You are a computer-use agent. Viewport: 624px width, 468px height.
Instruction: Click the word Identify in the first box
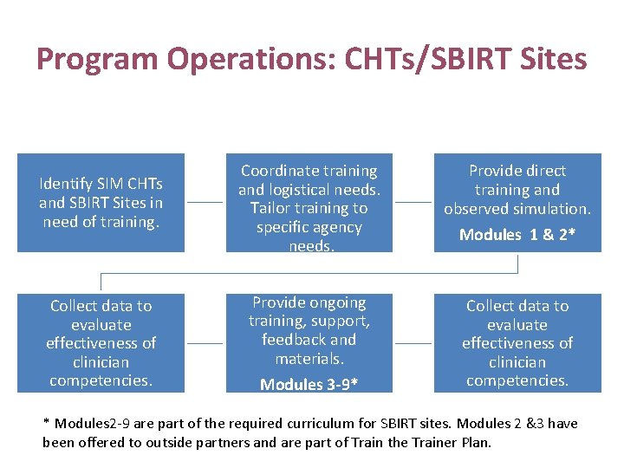pos(66,184)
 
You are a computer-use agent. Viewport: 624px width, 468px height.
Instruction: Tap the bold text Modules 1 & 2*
pos(517,235)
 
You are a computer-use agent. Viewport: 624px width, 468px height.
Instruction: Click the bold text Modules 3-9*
pos(309,384)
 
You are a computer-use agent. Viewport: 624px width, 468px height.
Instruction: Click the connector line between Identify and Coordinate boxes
pos(205,203)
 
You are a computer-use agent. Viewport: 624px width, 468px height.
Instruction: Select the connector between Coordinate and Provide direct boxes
pos(413,203)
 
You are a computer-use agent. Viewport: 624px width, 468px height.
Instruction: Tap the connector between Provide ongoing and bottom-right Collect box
pos(413,343)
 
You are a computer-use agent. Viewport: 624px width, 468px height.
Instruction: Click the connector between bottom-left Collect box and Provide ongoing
pos(205,343)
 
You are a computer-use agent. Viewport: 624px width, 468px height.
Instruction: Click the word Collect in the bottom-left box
pos(74,306)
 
